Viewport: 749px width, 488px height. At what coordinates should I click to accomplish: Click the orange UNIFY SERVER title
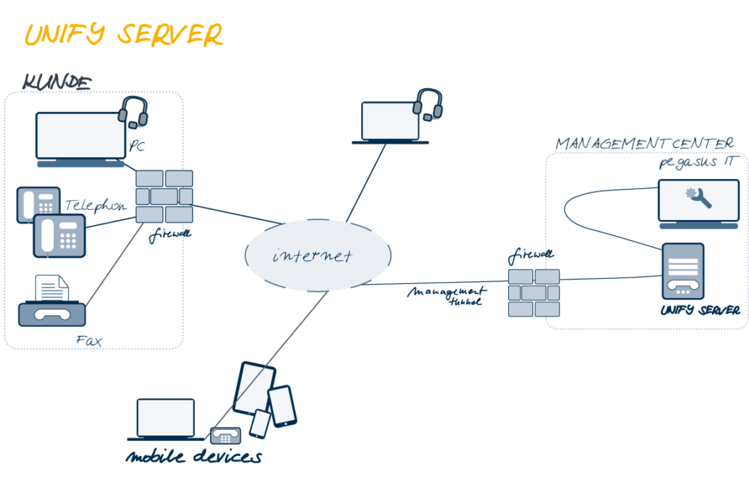point(123,34)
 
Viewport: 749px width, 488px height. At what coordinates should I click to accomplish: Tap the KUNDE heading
point(57,82)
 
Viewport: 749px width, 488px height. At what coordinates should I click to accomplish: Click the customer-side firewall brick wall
point(164,196)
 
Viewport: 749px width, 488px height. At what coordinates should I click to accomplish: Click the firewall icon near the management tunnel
point(534,293)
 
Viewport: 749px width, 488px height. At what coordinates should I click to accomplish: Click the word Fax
point(89,340)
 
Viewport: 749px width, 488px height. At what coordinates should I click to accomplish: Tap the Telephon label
point(95,206)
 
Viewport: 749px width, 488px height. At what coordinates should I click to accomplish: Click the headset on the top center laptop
point(428,104)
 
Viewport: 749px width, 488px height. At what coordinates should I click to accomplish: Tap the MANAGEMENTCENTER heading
point(644,143)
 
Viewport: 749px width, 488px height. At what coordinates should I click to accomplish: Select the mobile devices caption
point(193,457)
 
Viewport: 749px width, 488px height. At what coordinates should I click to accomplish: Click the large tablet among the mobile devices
point(254,386)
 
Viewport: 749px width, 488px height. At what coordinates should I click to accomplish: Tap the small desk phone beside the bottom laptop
point(225,436)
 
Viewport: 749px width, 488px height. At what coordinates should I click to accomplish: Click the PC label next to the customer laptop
point(137,146)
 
